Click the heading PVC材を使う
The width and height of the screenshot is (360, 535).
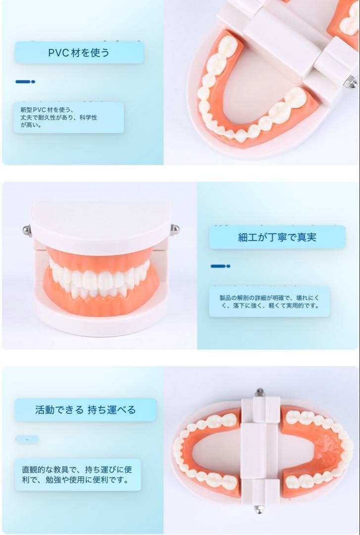(79, 53)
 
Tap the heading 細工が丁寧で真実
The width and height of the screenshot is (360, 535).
(277, 237)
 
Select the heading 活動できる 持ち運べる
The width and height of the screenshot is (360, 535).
(85, 410)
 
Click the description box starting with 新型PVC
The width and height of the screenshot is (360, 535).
(68, 117)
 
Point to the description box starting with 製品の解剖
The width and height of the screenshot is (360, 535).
(269, 302)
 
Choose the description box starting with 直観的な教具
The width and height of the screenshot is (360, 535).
(78, 474)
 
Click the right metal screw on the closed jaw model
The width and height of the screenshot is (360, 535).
(174, 229)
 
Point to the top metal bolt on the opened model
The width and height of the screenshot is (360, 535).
(259, 393)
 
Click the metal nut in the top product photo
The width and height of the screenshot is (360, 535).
(351, 81)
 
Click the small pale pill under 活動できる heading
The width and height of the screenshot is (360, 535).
(27, 439)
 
